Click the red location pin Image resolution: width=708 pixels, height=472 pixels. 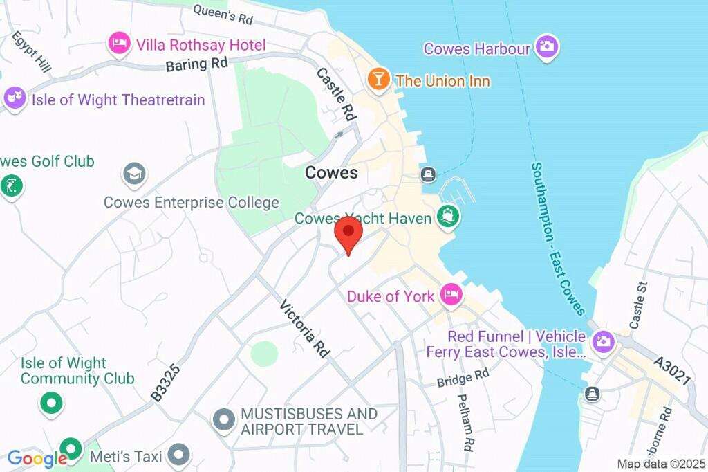point(348,233)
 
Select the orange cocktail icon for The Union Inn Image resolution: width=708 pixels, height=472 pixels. point(378,78)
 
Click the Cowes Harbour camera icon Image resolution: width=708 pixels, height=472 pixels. point(548,47)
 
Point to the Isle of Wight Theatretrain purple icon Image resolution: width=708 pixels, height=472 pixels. point(15,98)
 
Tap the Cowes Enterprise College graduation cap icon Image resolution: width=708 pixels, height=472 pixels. point(133,173)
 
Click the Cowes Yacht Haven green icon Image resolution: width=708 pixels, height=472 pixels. point(448,217)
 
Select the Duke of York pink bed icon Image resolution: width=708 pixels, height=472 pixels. point(451,295)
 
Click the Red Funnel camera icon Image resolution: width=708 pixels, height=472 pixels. point(603,341)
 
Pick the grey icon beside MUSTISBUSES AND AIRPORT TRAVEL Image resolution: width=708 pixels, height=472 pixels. point(223,419)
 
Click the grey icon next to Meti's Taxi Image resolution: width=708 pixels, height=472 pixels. point(179,455)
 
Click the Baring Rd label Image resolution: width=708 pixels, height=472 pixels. point(196,64)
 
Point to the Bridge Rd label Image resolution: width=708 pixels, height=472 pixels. point(463,377)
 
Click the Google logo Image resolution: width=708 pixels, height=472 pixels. point(36,458)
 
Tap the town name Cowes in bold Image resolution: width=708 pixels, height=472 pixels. point(332,172)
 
